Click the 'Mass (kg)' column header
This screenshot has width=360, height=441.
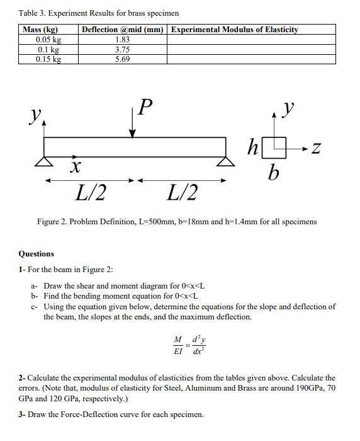pos(40,30)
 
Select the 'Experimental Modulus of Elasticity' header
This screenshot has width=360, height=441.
pos(234,30)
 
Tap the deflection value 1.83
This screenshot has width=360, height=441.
pos(123,39)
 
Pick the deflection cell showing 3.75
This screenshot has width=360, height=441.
pos(123,49)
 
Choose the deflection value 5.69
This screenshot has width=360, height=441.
pos(123,59)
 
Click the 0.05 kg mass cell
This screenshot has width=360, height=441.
pos(48,39)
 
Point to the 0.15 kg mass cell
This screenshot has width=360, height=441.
pos(48,59)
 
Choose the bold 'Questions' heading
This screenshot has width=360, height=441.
pos(37,254)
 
